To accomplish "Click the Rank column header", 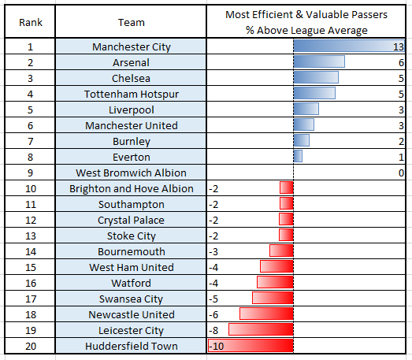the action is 31,23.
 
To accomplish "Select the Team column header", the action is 131,23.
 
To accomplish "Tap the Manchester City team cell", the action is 131,46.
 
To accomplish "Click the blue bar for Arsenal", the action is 319,61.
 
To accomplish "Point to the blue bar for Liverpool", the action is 306,109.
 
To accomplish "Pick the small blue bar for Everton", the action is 298,156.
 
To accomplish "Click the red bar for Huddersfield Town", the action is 251,346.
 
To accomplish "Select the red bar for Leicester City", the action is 261,330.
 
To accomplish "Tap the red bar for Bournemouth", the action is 281,251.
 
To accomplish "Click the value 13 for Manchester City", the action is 399,47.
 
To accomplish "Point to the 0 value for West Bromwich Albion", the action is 401,173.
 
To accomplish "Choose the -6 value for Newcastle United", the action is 213,315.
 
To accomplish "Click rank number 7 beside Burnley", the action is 31,142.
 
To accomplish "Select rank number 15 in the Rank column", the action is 31,268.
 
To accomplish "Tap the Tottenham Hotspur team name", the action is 132,95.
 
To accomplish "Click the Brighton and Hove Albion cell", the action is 131,189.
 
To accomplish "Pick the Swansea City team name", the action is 131,299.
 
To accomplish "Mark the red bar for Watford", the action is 275,283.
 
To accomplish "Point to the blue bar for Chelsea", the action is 316,77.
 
